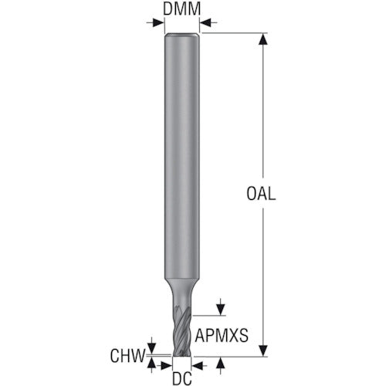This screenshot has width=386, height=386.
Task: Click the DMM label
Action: pyautogui.click(x=182, y=10)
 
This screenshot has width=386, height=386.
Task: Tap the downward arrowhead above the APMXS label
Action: pyautogui.click(x=222, y=310)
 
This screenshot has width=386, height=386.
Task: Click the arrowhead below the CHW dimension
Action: pyautogui.click(x=153, y=362)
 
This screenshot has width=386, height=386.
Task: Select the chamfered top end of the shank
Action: pyautogui.click(x=182, y=35)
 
